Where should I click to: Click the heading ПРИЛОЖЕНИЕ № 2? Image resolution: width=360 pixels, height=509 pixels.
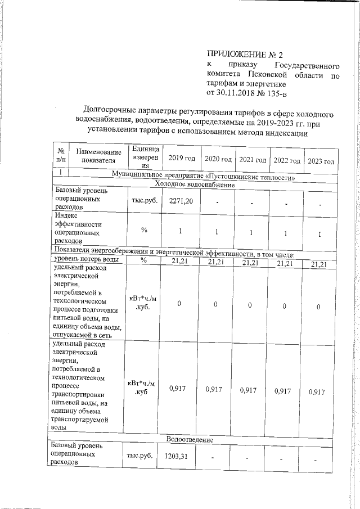pos(244,55)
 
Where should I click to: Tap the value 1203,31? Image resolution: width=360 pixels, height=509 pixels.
pos(179,455)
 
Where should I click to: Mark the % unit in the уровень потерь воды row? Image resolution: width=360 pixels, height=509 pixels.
pos(143,259)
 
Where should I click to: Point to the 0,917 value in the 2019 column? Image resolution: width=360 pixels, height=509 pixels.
pos(180,389)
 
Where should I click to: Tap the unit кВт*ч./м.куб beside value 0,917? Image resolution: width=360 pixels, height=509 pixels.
pos(143,388)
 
